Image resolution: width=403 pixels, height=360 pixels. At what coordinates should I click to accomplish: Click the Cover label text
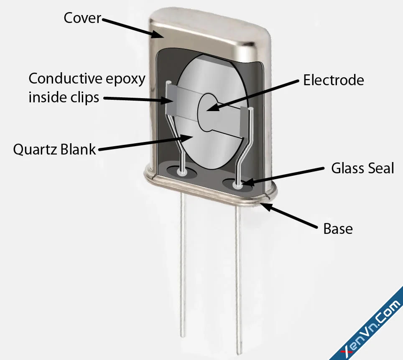tap(82, 18)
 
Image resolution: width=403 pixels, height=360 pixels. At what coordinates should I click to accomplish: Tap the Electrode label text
tap(334, 80)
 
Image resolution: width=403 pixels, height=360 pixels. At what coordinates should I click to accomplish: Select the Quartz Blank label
tap(54, 150)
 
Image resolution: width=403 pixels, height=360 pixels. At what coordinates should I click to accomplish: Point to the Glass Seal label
tap(362, 168)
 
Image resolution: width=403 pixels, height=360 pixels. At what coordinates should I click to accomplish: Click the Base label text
tap(338, 228)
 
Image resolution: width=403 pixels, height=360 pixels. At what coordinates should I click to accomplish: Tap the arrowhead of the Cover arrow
tap(157, 34)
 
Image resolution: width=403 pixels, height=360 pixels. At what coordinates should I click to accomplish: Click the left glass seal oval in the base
tap(182, 172)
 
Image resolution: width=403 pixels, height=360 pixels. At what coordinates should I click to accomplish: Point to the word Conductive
tap(66, 79)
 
